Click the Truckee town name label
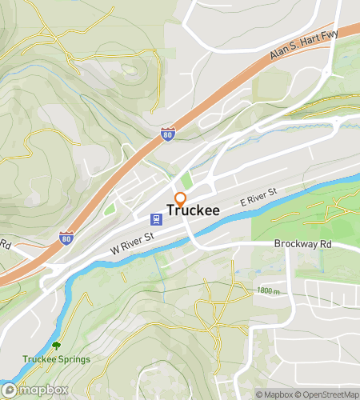(194, 211)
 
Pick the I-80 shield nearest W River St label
(66, 238)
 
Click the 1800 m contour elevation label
(270, 291)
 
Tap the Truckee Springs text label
(56, 359)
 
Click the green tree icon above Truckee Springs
(56, 346)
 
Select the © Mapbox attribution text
(274, 394)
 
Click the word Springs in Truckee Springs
(74, 359)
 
